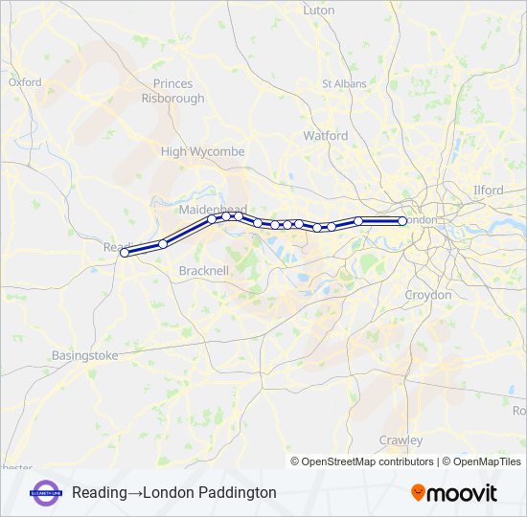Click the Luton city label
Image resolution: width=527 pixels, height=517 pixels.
point(318,11)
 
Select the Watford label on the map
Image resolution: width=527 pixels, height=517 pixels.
point(326,136)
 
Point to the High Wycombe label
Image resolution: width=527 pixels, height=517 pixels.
point(202,151)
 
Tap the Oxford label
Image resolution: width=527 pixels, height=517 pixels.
point(25,82)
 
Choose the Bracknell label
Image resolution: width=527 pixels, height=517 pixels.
point(203,271)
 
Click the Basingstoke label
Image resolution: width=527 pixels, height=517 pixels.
point(84,355)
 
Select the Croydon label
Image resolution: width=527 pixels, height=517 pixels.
point(427,295)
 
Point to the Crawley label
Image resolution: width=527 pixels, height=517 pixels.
point(401,440)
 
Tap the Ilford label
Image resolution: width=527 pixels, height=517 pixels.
point(488,191)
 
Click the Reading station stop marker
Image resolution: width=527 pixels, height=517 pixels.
point(125,253)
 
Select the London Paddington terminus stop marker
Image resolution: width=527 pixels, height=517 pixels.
point(401,221)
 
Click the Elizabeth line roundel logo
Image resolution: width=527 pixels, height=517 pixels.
point(47,492)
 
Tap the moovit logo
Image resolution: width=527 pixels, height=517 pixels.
point(454,493)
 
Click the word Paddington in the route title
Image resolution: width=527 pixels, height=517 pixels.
point(240,492)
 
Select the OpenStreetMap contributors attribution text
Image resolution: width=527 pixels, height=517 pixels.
point(368,461)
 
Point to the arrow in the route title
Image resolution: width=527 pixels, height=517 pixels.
point(135,492)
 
